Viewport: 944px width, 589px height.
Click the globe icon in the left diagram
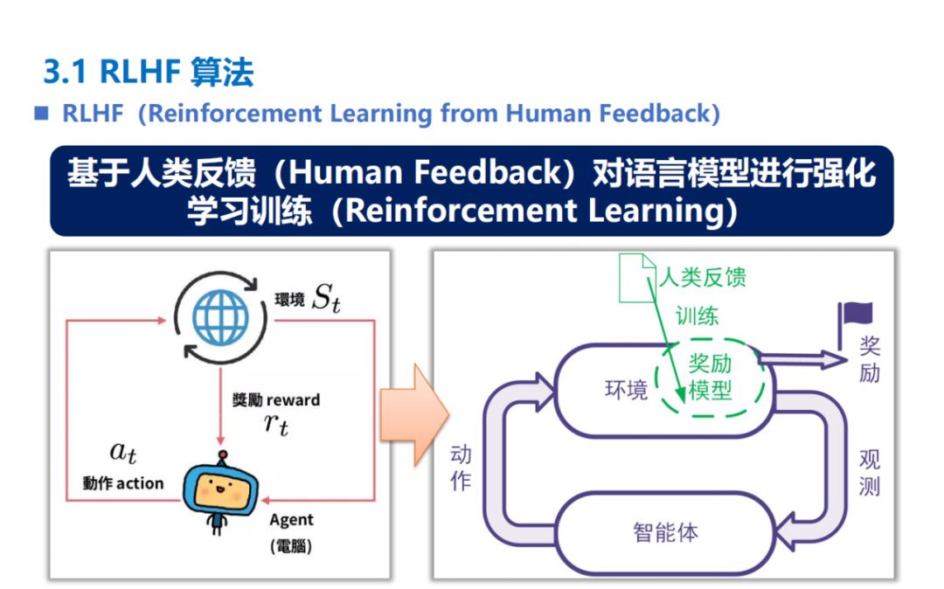pos(220,318)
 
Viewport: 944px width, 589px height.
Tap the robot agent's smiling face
pos(221,489)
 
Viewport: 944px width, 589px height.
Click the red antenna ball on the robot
pos(223,454)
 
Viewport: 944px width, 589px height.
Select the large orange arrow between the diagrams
pos(414,415)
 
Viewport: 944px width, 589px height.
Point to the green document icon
pos(637,277)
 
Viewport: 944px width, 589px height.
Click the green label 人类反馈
pos(703,277)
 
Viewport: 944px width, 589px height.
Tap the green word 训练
pos(697,315)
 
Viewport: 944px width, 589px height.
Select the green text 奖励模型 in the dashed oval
pos(711,378)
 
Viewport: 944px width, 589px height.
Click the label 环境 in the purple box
pos(626,390)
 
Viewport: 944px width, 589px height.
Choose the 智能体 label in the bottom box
pos(665,532)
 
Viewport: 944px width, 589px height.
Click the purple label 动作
pos(461,468)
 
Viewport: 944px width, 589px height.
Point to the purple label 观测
pos(870,473)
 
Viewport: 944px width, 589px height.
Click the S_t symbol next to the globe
pos(327,298)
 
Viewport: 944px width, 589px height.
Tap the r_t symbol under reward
pos(276,424)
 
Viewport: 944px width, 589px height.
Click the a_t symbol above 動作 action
pos(123,453)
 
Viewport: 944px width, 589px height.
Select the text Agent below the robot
pos(291,520)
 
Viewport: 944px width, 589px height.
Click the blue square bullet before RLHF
pos(41,113)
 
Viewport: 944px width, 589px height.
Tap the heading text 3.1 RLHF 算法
pos(149,73)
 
